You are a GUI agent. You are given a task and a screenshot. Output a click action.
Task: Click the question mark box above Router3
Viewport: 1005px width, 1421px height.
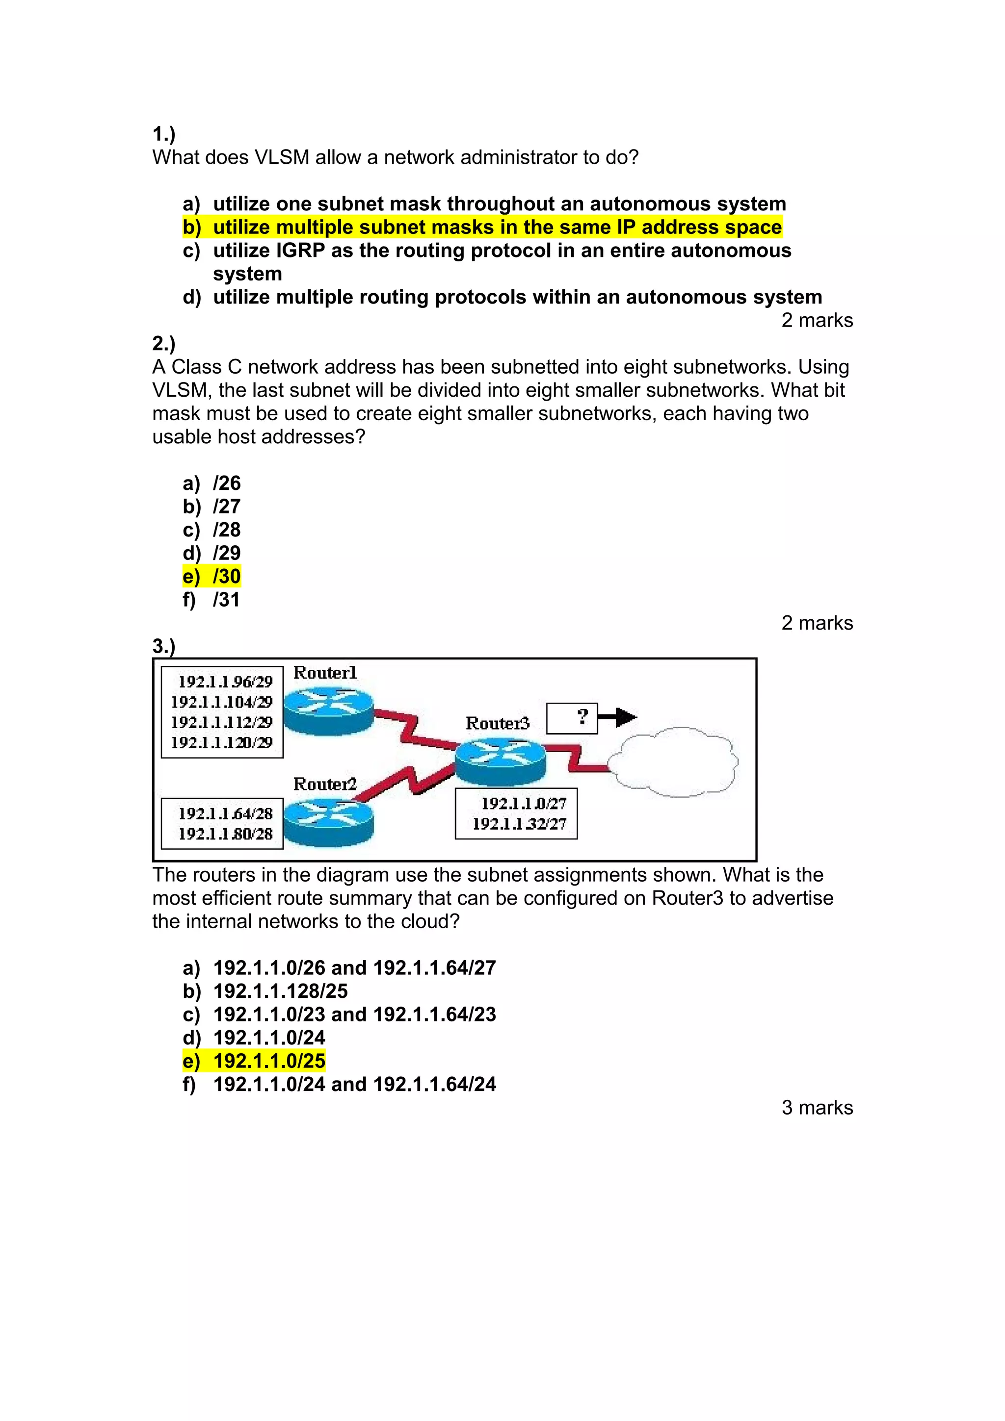572,718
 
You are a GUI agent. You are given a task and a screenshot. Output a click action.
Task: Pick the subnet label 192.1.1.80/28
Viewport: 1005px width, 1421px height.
225,834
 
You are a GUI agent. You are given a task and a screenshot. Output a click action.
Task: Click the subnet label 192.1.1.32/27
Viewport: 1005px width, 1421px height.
519,824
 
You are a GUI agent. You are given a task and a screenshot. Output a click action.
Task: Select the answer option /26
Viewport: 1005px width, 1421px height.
226,483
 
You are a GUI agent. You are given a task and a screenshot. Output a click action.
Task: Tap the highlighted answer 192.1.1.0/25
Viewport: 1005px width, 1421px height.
269,1061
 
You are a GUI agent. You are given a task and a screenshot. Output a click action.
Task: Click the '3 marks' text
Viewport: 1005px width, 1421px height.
817,1107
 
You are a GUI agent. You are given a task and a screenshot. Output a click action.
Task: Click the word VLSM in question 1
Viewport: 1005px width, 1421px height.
282,157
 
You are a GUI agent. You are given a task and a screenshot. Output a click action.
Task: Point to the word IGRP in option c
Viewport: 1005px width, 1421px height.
300,251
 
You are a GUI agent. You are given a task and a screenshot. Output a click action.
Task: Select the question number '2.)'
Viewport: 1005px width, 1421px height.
163,344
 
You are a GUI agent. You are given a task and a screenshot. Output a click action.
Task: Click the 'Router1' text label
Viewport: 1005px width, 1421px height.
324,673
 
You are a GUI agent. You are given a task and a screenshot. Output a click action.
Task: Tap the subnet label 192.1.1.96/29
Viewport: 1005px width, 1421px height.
225,682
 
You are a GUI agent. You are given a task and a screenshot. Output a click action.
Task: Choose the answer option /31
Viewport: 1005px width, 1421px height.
226,599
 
